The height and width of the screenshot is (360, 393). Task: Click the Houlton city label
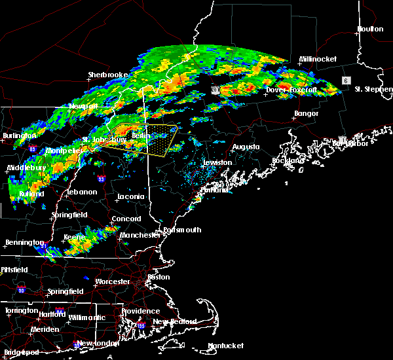pyautogui.click(x=369, y=29)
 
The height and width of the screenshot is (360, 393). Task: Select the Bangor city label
pyautogui.click(x=306, y=113)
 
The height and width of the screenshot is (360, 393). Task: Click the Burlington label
pyautogui.click(x=17, y=135)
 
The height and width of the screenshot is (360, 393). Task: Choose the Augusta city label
pyautogui.click(x=246, y=147)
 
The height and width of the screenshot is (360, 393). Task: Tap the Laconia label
pyautogui.click(x=128, y=196)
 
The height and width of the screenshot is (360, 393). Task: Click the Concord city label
pyautogui.click(x=126, y=219)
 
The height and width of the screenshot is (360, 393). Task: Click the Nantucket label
pyautogui.click(x=225, y=346)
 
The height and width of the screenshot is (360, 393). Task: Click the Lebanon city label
pyautogui.click(x=81, y=192)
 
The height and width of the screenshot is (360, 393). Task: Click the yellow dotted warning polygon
pyautogui.click(x=157, y=139)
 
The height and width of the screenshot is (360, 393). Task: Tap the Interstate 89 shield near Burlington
pyautogui.click(x=32, y=149)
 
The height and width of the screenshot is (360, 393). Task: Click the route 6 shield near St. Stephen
pyautogui.click(x=345, y=80)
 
